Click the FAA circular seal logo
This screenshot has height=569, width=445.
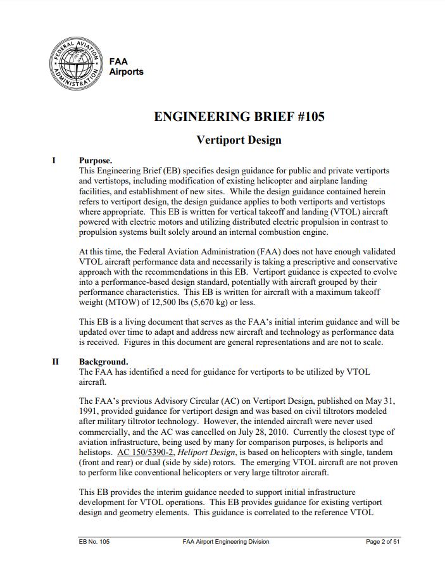coord(75,65)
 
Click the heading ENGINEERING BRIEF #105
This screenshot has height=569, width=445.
coord(239,116)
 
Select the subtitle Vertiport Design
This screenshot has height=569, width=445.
coord(239,139)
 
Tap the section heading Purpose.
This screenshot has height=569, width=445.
coord(96,161)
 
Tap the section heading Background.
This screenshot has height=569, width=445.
coord(103,362)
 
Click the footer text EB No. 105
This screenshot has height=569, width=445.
coord(94,542)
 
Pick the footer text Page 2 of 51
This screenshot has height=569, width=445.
coord(383,542)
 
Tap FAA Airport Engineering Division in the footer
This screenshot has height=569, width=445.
coord(225,542)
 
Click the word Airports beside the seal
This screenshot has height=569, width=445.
coord(127,72)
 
